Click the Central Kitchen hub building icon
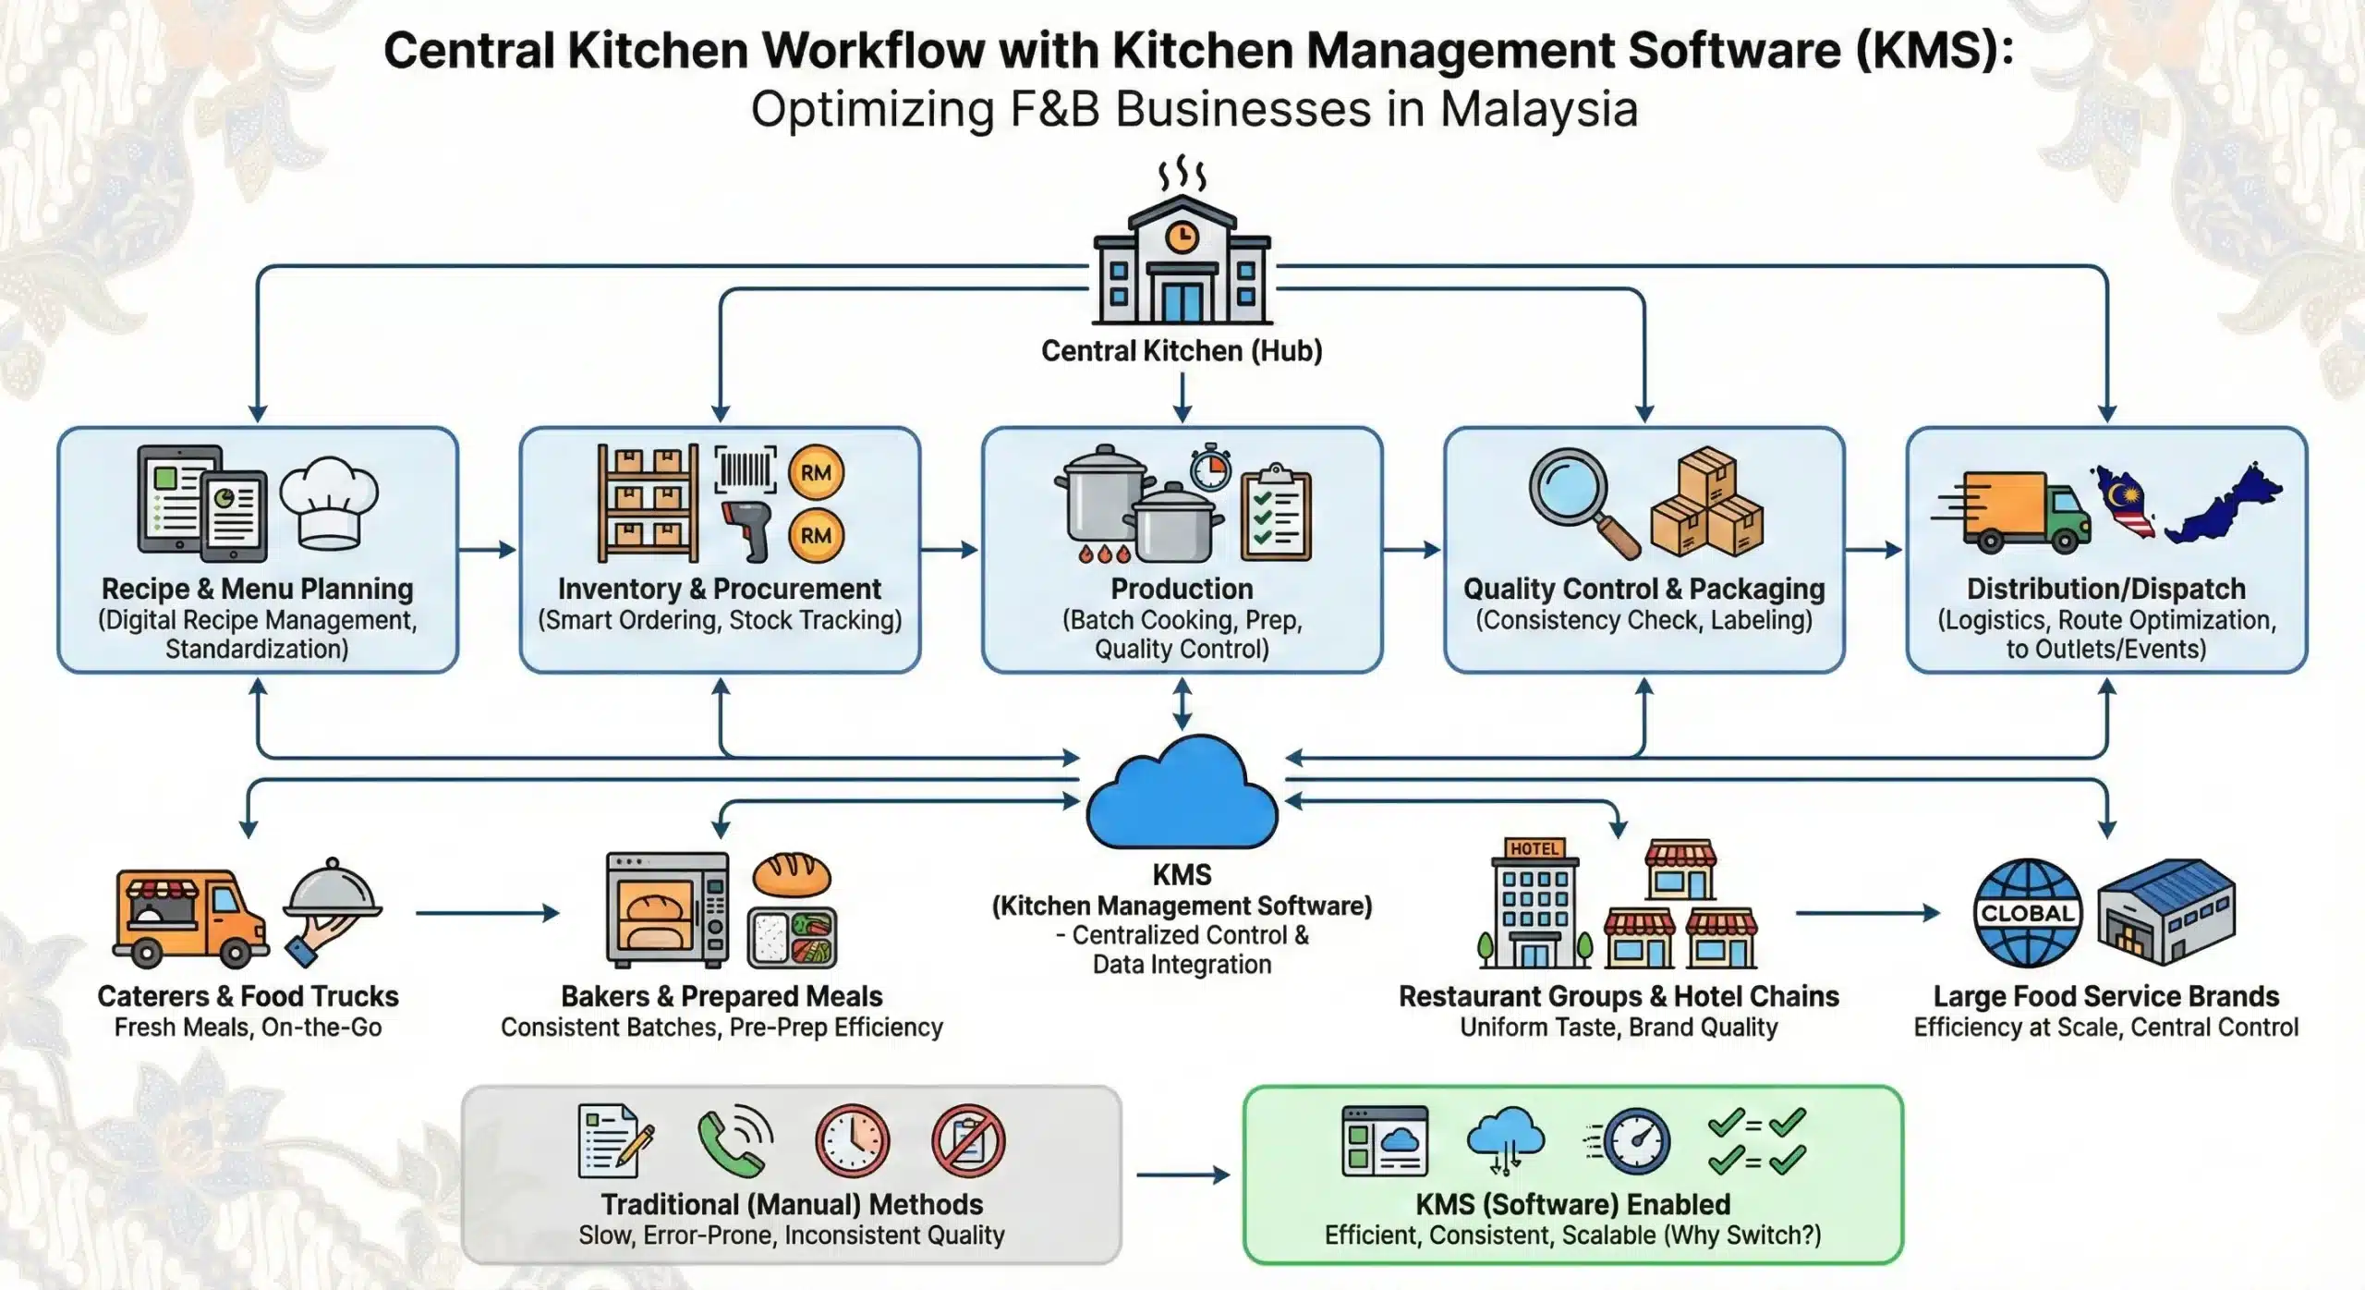1182,259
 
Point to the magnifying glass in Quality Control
1581,500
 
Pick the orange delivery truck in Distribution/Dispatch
2014,513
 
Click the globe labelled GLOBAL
2027,913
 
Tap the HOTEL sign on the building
1534,848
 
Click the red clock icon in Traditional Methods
852,1140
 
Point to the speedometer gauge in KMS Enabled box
1636,1141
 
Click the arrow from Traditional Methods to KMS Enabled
1182,1175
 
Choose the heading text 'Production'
1182,589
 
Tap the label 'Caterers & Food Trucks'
248,996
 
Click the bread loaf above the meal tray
792,874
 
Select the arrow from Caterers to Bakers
488,913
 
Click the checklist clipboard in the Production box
1276,514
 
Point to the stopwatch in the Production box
1210,469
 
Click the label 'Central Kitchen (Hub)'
1182,351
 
